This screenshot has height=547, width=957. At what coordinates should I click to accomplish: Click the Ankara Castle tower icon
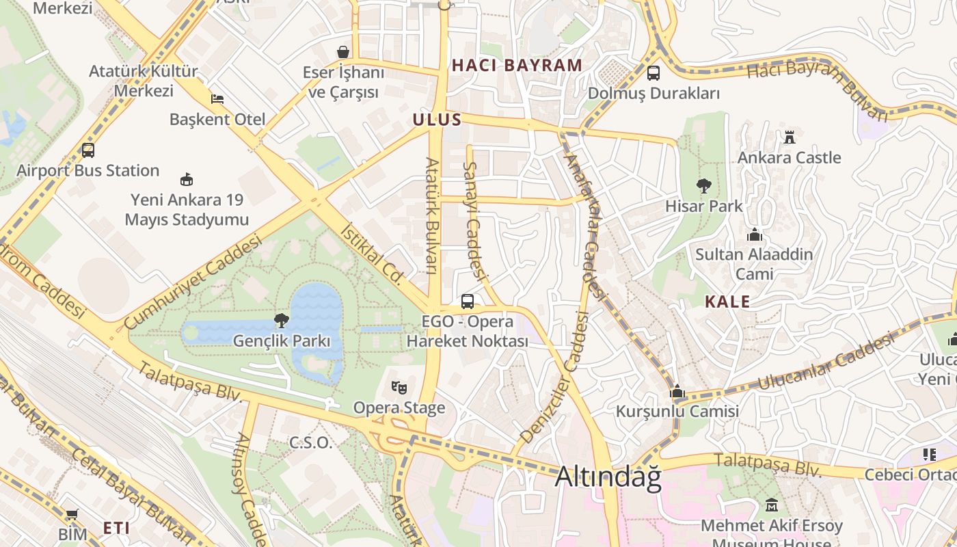click(790, 136)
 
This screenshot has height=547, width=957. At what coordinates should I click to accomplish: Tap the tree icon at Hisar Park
click(703, 185)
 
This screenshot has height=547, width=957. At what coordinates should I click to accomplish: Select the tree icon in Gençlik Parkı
click(281, 320)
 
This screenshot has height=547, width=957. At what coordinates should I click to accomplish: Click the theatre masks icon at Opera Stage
click(399, 388)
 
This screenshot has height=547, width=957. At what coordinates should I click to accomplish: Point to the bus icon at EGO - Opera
click(468, 301)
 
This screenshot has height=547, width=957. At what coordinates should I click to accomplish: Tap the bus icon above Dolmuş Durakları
click(653, 72)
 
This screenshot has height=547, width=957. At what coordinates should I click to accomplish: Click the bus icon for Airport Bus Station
click(87, 150)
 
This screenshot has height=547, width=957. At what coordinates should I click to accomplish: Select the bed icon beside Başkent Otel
click(217, 98)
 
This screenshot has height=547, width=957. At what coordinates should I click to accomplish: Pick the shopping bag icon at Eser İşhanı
click(343, 52)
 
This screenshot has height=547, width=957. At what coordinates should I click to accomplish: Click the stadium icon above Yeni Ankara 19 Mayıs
click(186, 180)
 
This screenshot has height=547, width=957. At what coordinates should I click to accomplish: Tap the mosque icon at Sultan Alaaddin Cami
click(755, 235)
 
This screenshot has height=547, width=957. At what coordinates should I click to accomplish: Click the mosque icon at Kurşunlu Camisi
click(677, 391)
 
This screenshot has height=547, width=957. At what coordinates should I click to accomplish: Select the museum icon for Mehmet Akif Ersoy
click(772, 505)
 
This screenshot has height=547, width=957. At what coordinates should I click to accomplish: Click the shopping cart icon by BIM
click(72, 513)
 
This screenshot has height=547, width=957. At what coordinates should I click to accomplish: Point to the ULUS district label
click(437, 120)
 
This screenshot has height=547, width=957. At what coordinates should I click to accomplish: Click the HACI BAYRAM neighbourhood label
click(517, 66)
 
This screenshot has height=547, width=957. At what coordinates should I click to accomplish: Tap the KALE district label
click(727, 302)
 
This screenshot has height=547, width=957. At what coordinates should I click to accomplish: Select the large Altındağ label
click(608, 477)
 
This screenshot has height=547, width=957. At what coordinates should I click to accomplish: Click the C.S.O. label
click(310, 442)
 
